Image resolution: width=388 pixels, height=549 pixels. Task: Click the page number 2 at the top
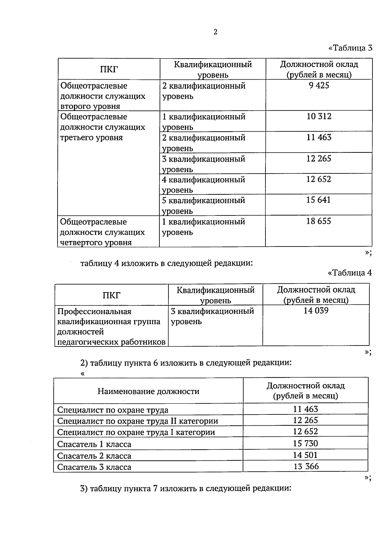click(x=216, y=32)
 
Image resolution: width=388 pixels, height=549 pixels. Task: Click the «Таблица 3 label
click(x=350, y=48)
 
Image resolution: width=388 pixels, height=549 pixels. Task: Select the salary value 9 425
click(x=319, y=85)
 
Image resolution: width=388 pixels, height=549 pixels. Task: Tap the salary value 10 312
click(x=319, y=116)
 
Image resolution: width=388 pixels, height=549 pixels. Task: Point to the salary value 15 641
click(x=318, y=200)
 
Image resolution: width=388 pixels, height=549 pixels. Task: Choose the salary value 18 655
click(x=318, y=221)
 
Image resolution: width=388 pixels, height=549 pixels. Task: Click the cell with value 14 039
click(x=316, y=311)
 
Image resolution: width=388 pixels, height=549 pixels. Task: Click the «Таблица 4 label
click(x=350, y=273)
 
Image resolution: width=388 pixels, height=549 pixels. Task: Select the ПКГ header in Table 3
click(x=109, y=69)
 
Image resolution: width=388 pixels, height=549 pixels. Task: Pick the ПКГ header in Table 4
click(x=112, y=295)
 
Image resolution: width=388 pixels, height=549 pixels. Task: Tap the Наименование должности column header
click(x=148, y=391)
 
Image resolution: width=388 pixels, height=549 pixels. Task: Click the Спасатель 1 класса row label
click(x=94, y=444)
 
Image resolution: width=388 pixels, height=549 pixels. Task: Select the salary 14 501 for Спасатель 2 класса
click(x=305, y=455)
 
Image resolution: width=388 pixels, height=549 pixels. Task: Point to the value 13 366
click(x=306, y=467)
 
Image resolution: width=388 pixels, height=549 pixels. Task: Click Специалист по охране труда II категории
click(x=137, y=421)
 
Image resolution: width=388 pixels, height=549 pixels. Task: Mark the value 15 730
click(x=305, y=444)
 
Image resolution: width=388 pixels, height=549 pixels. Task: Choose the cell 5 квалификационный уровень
click(x=203, y=205)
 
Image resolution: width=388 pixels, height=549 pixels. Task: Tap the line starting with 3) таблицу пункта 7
click(x=186, y=488)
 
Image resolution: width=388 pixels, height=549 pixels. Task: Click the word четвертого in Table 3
click(x=80, y=243)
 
